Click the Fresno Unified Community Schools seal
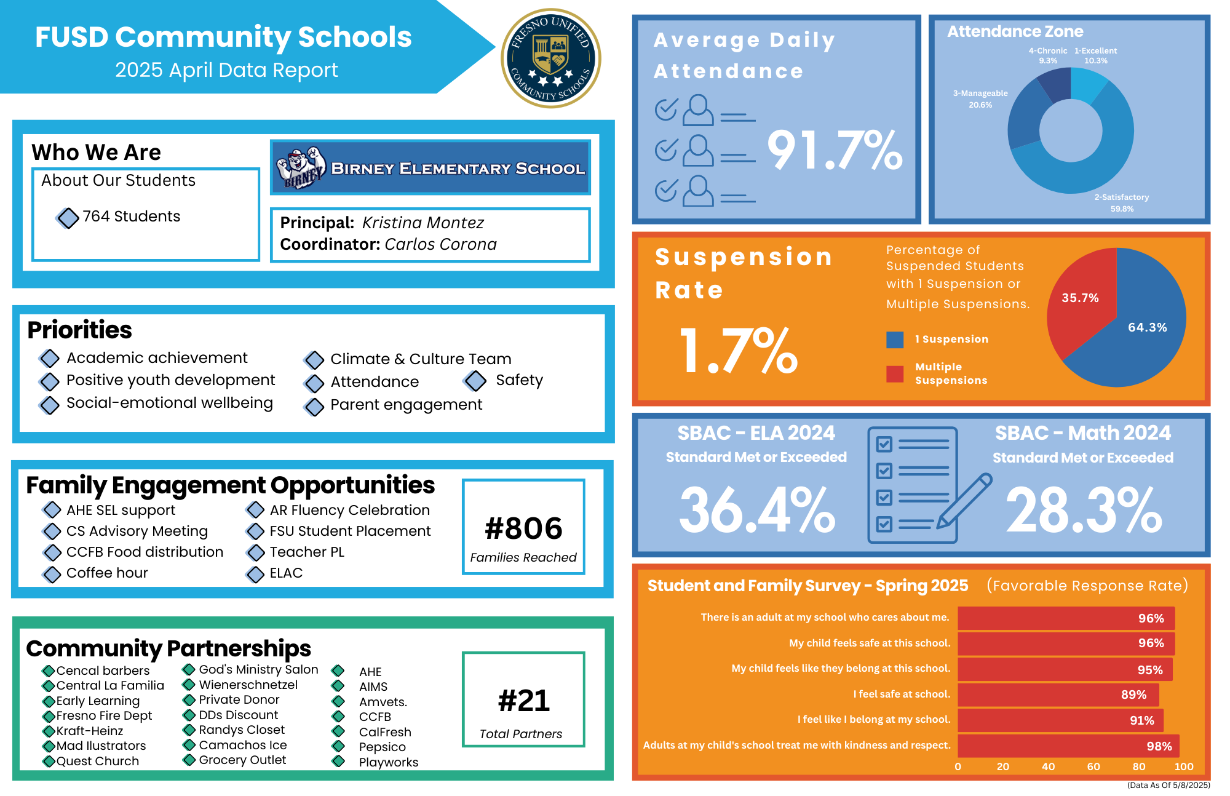(x=551, y=58)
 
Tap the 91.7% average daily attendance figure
(x=835, y=150)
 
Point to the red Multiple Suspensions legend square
(x=895, y=374)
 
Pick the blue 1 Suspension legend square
(x=895, y=340)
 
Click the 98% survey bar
(x=1068, y=746)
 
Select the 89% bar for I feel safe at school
(x=1058, y=695)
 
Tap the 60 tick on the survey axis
(x=1093, y=766)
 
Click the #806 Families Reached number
(x=523, y=528)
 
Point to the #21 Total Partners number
(x=523, y=701)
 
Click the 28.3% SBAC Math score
(x=1084, y=511)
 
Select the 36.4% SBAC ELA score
(x=757, y=511)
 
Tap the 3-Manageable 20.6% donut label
(x=980, y=99)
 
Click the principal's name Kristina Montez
(x=423, y=223)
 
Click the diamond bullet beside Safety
(x=475, y=381)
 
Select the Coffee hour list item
(x=107, y=573)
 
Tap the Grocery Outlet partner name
(x=242, y=760)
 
